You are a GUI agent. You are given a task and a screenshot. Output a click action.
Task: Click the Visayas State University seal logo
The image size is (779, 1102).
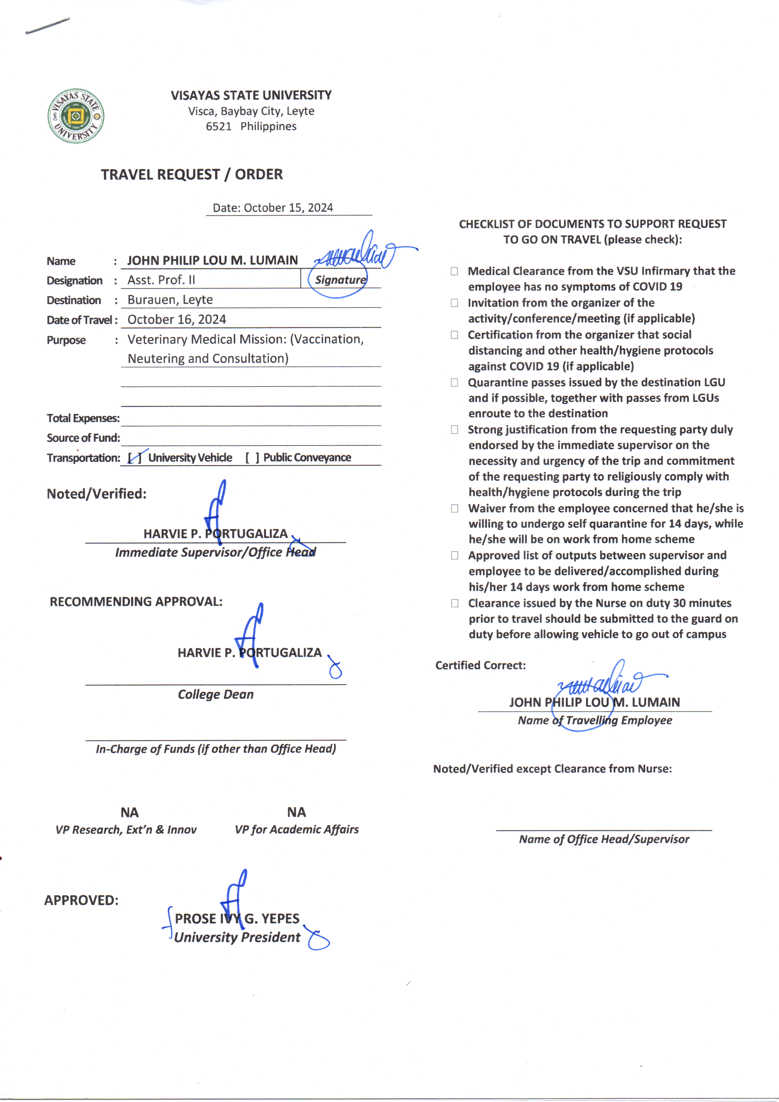pos(76,116)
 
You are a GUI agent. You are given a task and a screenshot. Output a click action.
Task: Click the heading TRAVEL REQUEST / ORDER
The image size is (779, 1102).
pos(192,174)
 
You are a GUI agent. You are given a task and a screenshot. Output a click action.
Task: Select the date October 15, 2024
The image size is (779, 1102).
pos(288,208)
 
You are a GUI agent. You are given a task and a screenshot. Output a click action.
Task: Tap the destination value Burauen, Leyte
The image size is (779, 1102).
pos(170,299)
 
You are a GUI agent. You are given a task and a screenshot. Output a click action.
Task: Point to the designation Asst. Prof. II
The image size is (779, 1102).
pos(161,280)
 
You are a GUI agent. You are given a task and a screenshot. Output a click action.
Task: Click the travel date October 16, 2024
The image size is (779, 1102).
pos(176,319)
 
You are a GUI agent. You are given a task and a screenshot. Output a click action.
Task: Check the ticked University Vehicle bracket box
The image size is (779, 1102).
pos(135,458)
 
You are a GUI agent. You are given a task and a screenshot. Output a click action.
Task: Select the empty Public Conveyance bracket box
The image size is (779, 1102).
pos(252,458)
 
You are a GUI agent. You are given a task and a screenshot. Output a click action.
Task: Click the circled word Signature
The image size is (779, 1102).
pos(340,280)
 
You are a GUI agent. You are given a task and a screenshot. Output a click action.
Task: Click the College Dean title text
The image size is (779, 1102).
pos(215,694)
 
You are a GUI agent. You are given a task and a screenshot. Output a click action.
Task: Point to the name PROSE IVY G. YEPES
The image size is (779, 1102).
pos(237,919)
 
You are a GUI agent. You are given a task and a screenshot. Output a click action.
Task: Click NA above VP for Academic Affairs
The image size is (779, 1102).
pos(296,812)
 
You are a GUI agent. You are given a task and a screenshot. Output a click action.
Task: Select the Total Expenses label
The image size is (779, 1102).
pos(83,418)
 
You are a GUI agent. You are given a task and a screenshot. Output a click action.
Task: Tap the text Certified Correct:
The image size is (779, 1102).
pos(480,665)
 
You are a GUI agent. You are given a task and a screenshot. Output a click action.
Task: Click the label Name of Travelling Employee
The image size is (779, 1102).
pos(595,721)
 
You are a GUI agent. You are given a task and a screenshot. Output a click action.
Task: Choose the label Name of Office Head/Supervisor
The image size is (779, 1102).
pos(604,839)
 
